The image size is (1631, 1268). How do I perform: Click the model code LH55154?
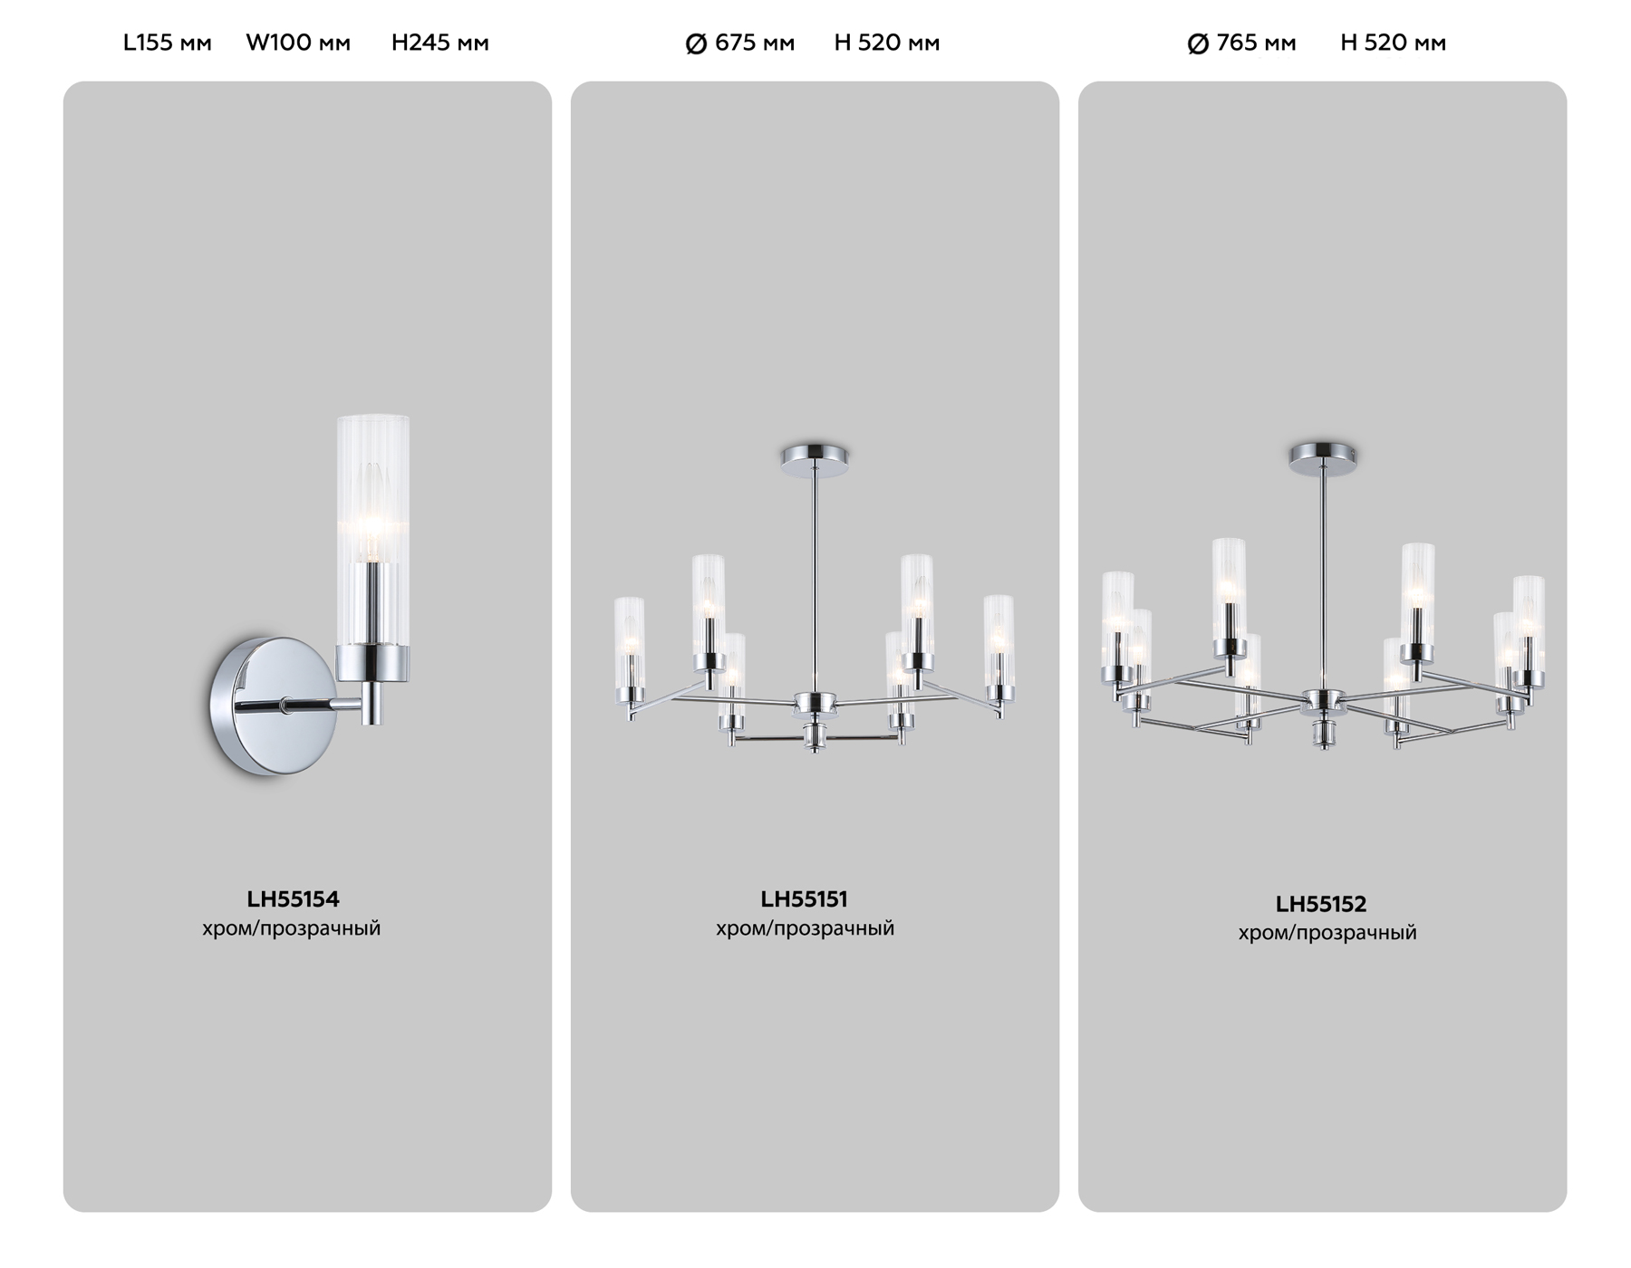pos(293,899)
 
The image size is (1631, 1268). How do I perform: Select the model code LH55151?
pos(804,899)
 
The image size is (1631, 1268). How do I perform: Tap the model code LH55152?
pos(1320,904)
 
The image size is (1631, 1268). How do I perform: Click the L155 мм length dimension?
pos(168,43)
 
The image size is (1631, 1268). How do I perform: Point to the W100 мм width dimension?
pos(298,43)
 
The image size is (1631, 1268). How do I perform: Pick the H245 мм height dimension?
pos(439,43)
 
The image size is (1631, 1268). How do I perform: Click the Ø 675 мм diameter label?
pos(740,43)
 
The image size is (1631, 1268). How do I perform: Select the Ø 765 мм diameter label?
pos(1241,43)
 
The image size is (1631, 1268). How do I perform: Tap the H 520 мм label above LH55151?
pos(886,43)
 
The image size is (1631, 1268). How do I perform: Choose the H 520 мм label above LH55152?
pos(1393,43)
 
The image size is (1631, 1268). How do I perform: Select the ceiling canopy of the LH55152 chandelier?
pos(1323,455)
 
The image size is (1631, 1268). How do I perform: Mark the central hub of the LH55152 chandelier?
pos(1323,701)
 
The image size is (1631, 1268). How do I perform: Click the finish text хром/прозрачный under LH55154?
pos(291,928)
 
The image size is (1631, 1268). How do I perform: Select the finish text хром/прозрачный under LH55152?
pos(1327,933)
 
